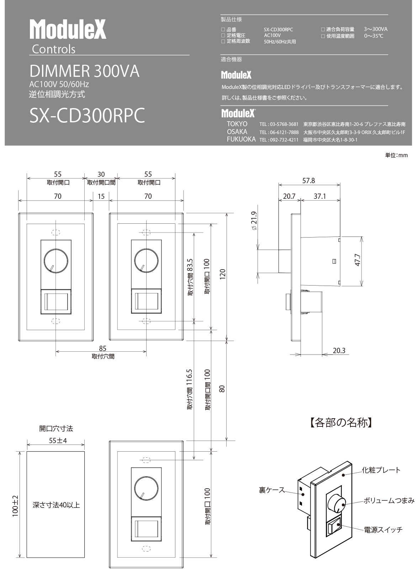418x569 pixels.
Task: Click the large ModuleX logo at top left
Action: (x=68, y=30)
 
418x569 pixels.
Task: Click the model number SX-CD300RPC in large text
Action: (x=87, y=115)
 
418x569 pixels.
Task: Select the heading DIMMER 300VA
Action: (x=84, y=71)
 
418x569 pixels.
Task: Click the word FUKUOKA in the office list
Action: (x=241, y=139)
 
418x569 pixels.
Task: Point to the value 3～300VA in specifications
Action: (x=376, y=29)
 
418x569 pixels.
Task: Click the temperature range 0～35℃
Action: (x=374, y=36)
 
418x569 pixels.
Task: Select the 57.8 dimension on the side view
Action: (x=308, y=181)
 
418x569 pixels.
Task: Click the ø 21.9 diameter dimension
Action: (x=254, y=221)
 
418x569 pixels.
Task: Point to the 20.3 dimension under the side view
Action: (x=339, y=351)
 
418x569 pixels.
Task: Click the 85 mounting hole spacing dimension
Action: (x=103, y=348)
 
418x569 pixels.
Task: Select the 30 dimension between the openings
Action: (x=101, y=174)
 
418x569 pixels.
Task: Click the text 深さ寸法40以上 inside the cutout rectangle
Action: (x=56, y=505)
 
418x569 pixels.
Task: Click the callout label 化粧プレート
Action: (x=381, y=470)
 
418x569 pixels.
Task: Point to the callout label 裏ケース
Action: (x=271, y=490)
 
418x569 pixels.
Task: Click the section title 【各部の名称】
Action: (x=340, y=422)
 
